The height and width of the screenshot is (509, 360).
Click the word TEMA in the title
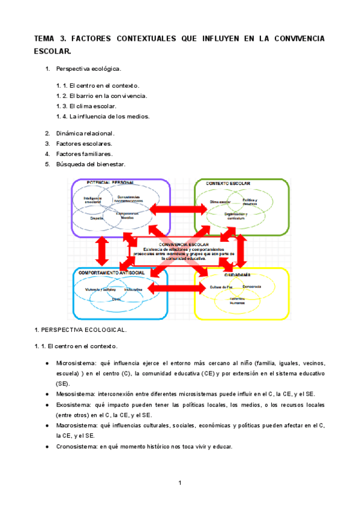coord(44,39)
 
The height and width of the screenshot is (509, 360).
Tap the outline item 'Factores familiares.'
coord(84,154)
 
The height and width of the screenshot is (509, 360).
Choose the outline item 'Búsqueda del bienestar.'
coord(90,164)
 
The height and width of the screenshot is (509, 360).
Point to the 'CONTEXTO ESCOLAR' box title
coord(228,183)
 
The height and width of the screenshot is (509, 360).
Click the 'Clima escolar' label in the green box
coord(220,202)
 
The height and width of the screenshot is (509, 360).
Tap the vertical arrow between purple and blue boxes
coord(101,250)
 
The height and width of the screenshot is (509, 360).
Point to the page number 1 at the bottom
coord(179,483)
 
